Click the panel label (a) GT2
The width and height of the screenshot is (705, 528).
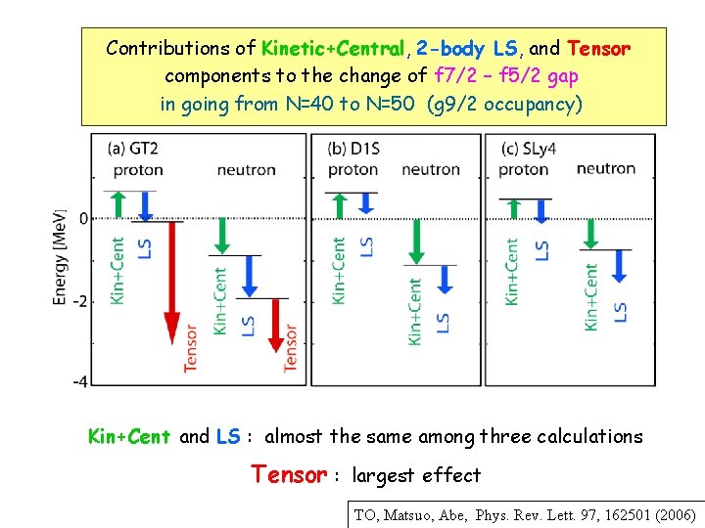135,150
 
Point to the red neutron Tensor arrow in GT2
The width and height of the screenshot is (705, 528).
277,323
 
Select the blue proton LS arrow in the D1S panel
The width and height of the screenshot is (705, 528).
367,201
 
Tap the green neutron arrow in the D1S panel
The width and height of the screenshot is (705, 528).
417,240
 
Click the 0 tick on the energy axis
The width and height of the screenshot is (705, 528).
84,217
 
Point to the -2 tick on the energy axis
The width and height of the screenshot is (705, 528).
82,301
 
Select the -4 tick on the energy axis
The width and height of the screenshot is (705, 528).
82,381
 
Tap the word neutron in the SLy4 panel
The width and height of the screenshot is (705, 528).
605,169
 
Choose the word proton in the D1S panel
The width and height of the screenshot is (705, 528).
352,170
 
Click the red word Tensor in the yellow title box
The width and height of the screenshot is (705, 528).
598,48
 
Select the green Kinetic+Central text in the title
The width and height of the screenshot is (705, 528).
333,48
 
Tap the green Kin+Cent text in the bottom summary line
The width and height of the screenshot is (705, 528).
129,437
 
